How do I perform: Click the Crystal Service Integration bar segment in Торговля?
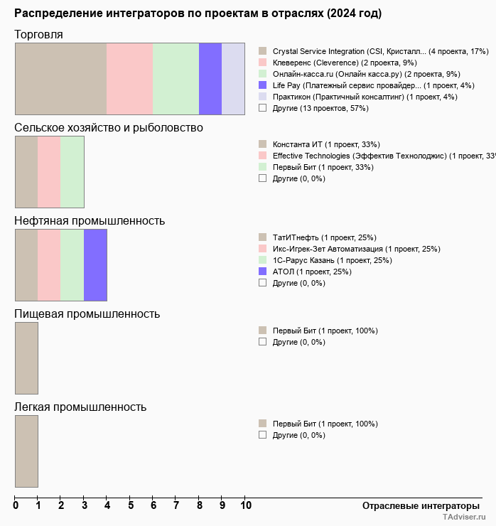(60, 78)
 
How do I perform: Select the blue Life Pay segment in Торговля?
(210, 78)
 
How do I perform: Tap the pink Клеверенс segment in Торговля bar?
(129, 78)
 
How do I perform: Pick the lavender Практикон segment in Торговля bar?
(233, 78)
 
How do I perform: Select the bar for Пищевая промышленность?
(26, 358)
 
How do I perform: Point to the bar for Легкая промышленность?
(26, 451)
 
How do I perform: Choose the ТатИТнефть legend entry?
(324, 237)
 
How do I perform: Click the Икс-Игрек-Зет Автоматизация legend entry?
(356, 249)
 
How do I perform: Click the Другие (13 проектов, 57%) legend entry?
(320, 108)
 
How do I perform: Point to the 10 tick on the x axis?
(245, 506)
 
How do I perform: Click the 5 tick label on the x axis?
(130, 506)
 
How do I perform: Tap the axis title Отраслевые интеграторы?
(416, 505)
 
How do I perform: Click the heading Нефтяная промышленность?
(90, 220)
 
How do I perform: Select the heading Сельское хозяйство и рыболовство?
(109, 127)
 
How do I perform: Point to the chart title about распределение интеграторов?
(198, 14)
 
